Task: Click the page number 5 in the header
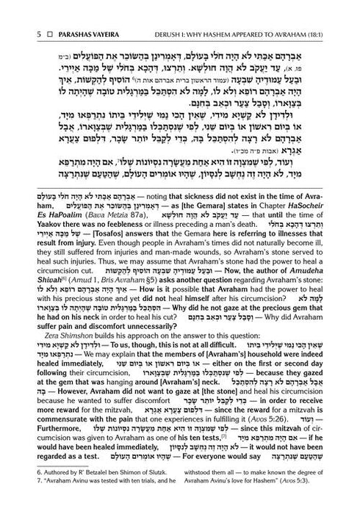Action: [15, 13]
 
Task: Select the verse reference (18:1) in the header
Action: [334, 13]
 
